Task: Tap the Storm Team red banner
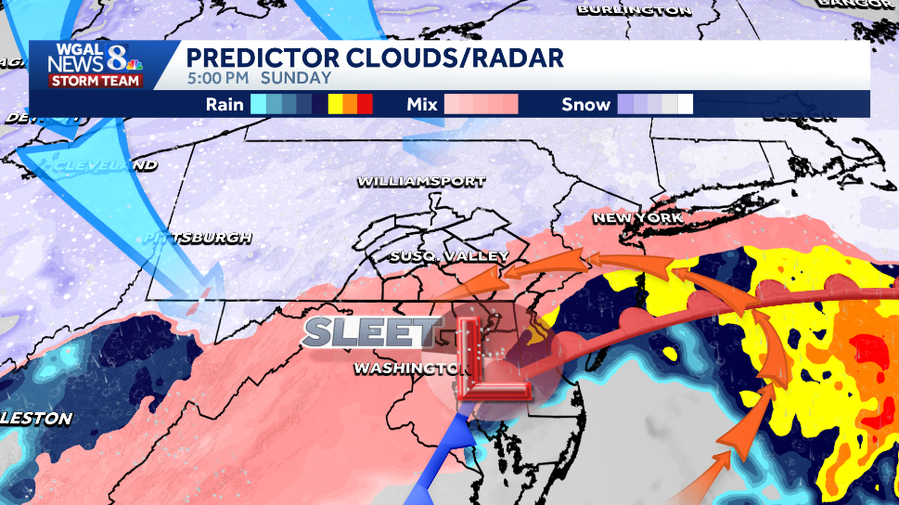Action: pyautogui.click(x=96, y=81)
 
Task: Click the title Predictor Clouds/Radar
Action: pyautogui.click(x=375, y=58)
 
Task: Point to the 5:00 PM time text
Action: pyautogui.click(x=219, y=78)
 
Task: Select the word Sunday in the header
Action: pyautogui.click(x=296, y=78)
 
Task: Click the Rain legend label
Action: pyautogui.click(x=225, y=104)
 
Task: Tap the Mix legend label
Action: pyautogui.click(x=422, y=104)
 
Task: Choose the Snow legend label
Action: pyautogui.click(x=585, y=104)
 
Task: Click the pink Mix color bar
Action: pyautogui.click(x=481, y=104)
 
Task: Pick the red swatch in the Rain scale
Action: pyautogui.click(x=366, y=104)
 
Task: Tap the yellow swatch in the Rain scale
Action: pyautogui.click(x=336, y=104)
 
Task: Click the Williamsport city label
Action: pyautogui.click(x=421, y=181)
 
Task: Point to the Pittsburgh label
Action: pyautogui.click(x=198, y=238)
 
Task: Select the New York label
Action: pyautogui.click(x=637, y=218)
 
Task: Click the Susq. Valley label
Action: pyautogui.click(x=449, y=255)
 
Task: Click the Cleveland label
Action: pyautogui.click(x=105, y=165)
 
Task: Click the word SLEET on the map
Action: pyautogui.click(x=371, y=331)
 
